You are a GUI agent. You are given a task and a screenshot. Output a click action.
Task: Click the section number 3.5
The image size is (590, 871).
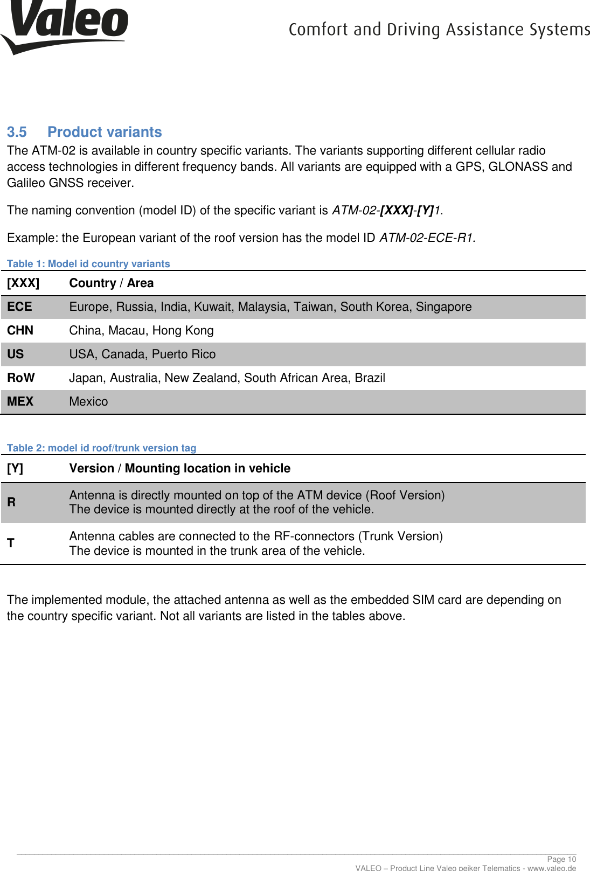(17, 132)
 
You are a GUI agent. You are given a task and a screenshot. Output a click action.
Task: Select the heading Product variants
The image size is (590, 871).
(105, 132)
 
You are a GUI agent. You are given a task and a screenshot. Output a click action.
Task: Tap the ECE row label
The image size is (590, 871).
(19, 307)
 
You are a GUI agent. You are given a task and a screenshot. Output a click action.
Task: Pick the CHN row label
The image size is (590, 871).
(20, 331)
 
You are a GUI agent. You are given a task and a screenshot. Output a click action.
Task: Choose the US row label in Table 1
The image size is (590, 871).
(15, 354)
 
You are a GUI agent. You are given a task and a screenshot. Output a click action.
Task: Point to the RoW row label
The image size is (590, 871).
(20, 378)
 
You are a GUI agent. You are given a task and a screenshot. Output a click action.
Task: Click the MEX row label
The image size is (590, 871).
(20, 402)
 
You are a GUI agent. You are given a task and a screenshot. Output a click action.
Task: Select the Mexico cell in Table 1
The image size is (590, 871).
(88, 402)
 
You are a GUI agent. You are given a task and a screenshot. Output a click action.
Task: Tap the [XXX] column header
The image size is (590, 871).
(23, 283)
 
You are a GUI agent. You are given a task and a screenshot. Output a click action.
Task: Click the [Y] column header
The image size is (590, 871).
(15, 469)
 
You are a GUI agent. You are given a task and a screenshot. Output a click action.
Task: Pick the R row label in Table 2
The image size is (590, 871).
(11, 502)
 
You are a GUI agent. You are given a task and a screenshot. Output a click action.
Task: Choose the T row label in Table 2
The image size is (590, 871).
(11, 543)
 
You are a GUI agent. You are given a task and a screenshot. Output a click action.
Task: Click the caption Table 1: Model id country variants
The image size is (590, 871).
(88, 264)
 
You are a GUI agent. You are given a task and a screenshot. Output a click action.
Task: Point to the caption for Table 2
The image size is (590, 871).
(101, 448)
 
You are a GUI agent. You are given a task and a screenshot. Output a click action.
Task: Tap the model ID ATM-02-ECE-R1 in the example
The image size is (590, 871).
(427, 238)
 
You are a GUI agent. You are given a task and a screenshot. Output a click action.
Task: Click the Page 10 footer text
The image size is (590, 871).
(561, 859)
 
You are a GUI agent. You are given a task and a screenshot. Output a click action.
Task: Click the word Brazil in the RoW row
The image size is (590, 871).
(370, 378)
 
